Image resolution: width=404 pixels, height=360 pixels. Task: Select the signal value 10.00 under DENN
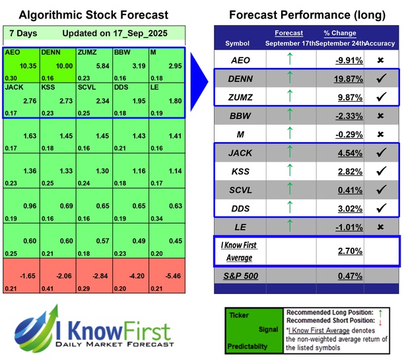coord(63,66)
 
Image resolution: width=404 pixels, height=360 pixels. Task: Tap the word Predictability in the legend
coord(248,345)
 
